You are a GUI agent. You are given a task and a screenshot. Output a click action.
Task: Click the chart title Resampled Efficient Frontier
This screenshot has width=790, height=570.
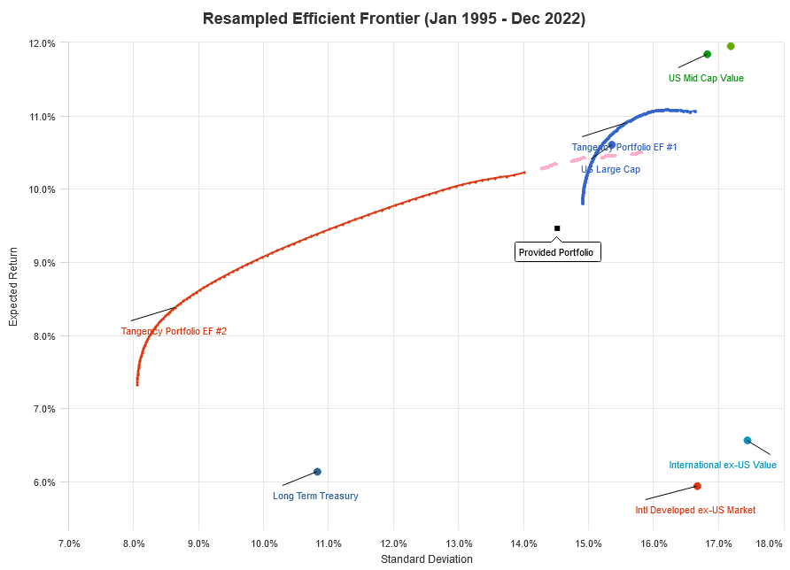pos(394,19)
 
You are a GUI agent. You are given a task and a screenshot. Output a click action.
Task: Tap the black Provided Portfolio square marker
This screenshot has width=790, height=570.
pos(557,228)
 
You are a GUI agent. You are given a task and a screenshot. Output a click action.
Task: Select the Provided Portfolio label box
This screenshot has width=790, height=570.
pos(558,252)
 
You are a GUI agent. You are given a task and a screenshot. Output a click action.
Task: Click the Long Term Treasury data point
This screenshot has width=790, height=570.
pos(317,472)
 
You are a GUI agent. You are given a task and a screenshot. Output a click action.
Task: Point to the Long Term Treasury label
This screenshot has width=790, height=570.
pos(315,497)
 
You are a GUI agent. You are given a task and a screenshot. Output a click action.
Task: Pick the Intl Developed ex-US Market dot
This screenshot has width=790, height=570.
pos(697,486)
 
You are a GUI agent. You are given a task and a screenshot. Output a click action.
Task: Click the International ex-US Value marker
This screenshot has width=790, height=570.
pos(747,440)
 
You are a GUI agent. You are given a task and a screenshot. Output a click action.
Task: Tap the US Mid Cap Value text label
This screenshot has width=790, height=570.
pos(706,78)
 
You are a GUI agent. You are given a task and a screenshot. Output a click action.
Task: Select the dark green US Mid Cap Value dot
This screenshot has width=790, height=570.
pos(707,54)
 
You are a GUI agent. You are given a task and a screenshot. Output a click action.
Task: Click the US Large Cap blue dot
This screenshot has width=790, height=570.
pos(611,144)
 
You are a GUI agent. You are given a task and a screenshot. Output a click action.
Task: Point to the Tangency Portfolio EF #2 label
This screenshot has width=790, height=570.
pos(174,331)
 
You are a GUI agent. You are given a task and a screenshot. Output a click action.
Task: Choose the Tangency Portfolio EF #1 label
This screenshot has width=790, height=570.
pos(624,147)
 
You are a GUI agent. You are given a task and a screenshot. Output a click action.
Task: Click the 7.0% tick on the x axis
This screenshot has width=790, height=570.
pos(69,543)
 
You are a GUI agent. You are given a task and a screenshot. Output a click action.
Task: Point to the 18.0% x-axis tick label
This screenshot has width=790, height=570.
pos(770,543)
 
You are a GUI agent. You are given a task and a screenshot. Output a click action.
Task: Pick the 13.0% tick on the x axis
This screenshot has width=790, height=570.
pos(459,543)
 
